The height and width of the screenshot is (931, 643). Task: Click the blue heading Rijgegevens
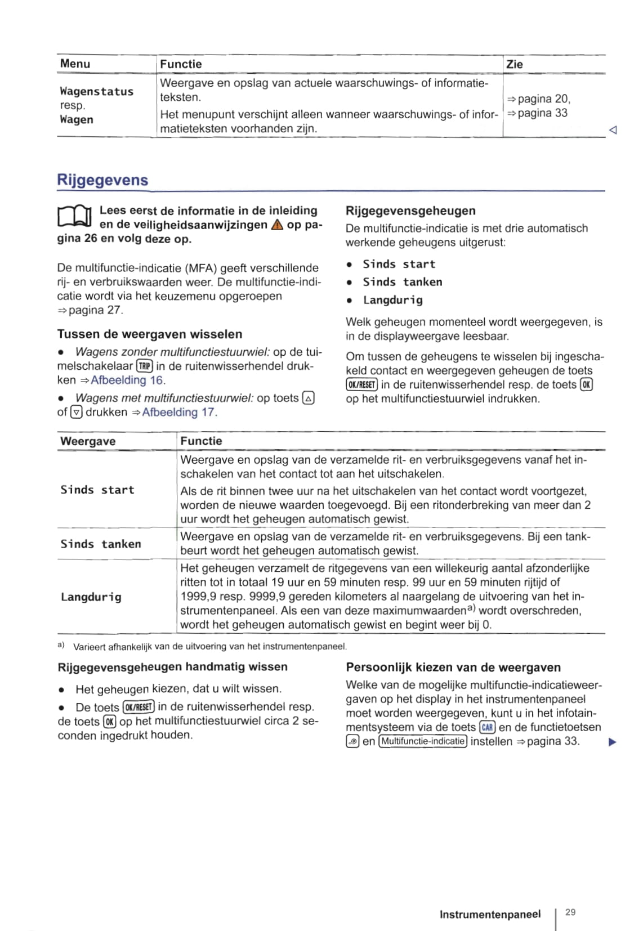click(x=102, y=180)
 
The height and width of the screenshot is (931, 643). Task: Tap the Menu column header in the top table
click(x=75, y=64)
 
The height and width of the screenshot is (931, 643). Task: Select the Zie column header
click(x=515, y=64)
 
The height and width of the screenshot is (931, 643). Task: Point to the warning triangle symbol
click(x=277, y=225)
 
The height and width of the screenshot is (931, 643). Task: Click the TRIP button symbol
click(x=145, y=366)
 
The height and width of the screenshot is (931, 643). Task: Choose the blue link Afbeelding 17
click(x=178, y=412)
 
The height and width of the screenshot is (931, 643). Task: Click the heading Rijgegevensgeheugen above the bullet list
click(x=410, y=211)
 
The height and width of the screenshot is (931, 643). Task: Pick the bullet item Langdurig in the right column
click(x=392, y=300)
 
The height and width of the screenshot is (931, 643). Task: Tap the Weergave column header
click(x=88, y=441)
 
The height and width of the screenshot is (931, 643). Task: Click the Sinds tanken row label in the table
click(x=101, y=544)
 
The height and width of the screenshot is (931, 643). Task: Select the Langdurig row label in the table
click(x=91, y=597)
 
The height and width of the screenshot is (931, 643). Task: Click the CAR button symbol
click(x=488, y=727)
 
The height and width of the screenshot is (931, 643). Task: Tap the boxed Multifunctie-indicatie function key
click(x=423, y=741)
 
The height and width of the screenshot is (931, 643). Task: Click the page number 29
click(x=570, y=912)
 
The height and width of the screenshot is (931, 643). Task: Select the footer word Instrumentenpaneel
click(x=490, y=915)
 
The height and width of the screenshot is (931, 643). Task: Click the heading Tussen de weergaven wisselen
click(x=150, y=334)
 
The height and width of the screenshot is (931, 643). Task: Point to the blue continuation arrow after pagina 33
click(x=613, y=742)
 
